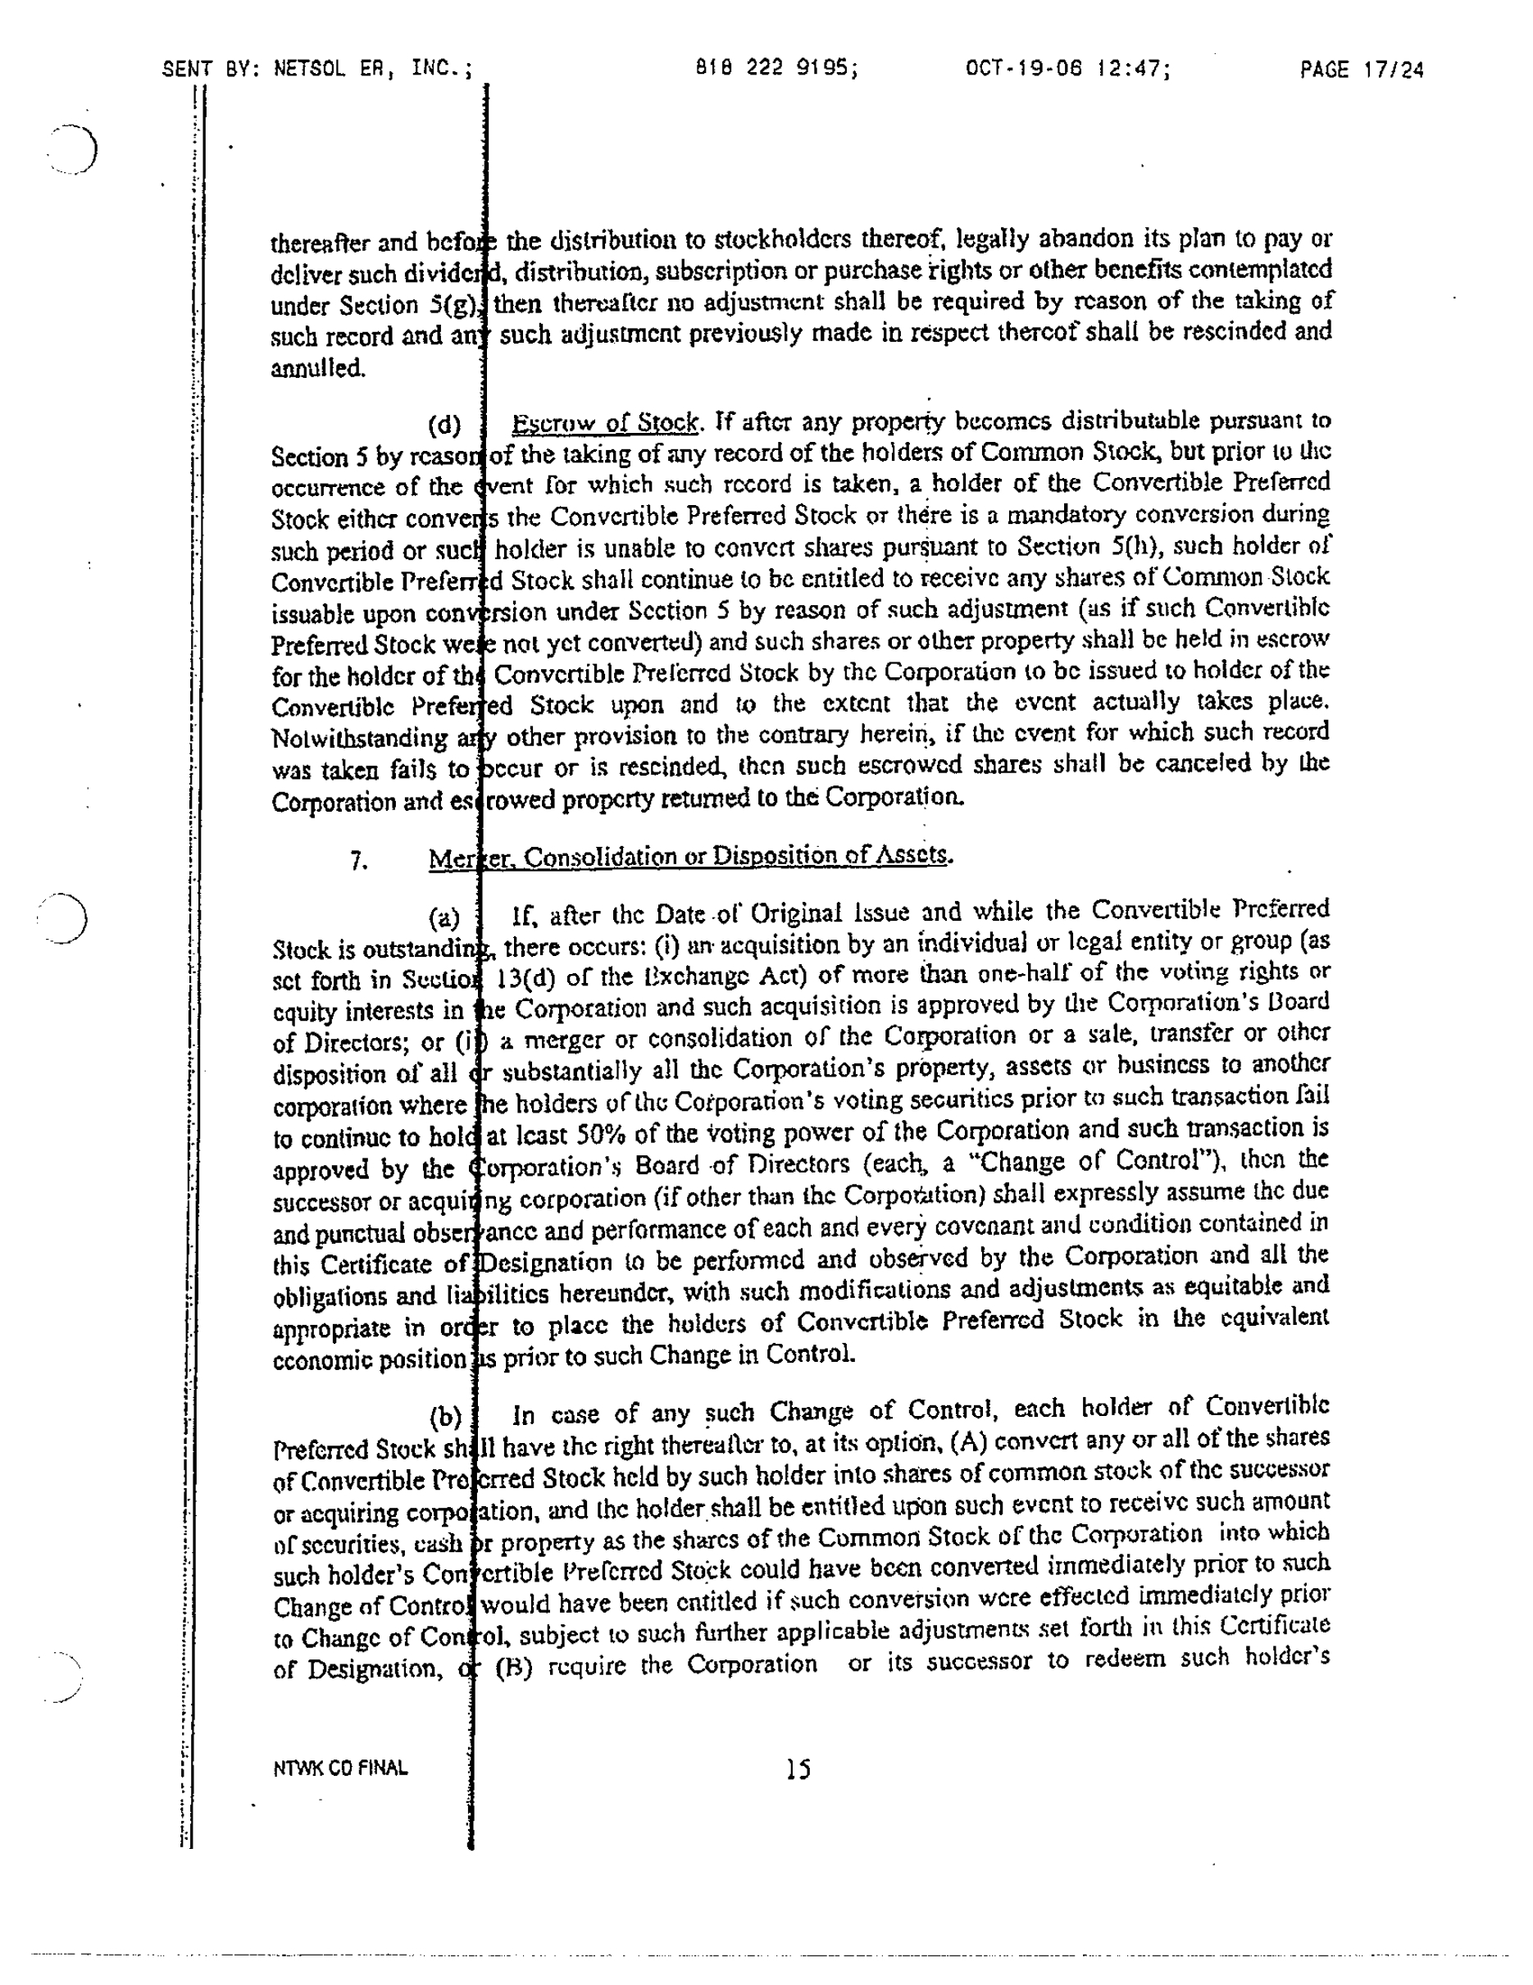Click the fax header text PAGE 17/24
(x=1360, y=70)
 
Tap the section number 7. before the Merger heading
(x=358, y=860)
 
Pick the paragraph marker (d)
(x=444, y=425)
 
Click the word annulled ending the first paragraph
(x=317, y=369)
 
